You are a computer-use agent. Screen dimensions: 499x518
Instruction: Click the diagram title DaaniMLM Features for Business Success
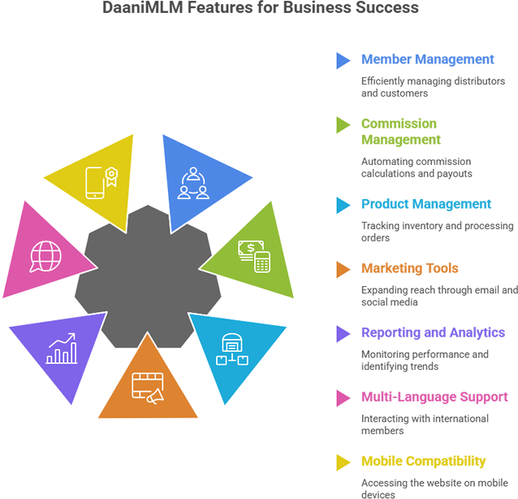pyautogui.click(x=261, y=9)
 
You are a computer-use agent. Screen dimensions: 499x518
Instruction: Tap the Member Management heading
pyautogui.click(x=427, y=59)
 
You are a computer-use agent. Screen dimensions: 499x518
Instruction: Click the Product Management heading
pyautogui.click(x=425, y=204)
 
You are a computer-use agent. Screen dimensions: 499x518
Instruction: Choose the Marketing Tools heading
pyautogui.click(x=409, y=268)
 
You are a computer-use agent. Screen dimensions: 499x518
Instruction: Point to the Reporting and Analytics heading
pyautogui.click(x=433, y=332)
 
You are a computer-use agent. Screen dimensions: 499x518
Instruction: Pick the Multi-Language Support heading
pyautogui.click(x=434, y=397)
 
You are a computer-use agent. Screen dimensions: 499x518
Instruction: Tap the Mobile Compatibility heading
pyautogui.click(x=423, y=461)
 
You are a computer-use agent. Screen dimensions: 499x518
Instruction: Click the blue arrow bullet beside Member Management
pyautogui.click(x=343, y=60)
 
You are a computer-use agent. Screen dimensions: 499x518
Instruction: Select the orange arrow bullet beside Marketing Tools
pyautogui.click(x=343, y=269)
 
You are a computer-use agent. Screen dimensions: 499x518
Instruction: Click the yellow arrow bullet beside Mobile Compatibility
pyautogui.click(x=343, y=462)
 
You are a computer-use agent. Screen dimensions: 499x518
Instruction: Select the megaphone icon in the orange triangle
pyautogui.click(x=149, y=388)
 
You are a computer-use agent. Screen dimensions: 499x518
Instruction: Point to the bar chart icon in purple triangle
pyautogui.click(x=62, y=349)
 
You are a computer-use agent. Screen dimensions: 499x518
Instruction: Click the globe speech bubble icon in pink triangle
pyautogui.click(x=45, y=256)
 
